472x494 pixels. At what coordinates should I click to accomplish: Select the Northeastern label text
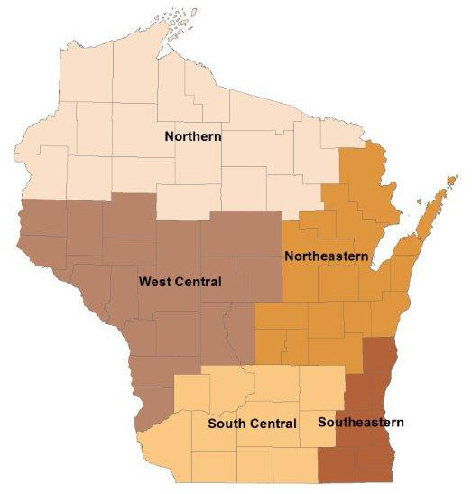click(x=325, y=256)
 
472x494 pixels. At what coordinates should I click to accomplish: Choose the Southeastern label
click(x=361, y=421)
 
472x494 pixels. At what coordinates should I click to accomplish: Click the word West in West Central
click(x=154, y=282)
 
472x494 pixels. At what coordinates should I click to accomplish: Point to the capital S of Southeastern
click(x=322, y=421)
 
